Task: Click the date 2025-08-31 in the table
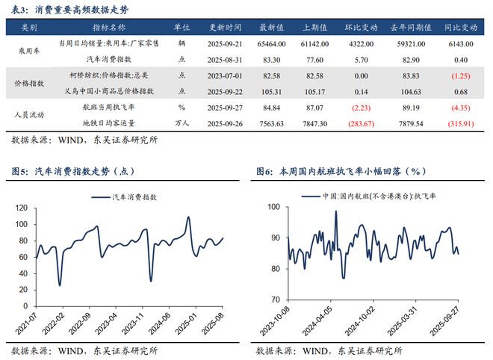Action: coord(225,58)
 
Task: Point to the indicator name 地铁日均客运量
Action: coord(120,123)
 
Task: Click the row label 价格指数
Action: coord(31,84)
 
